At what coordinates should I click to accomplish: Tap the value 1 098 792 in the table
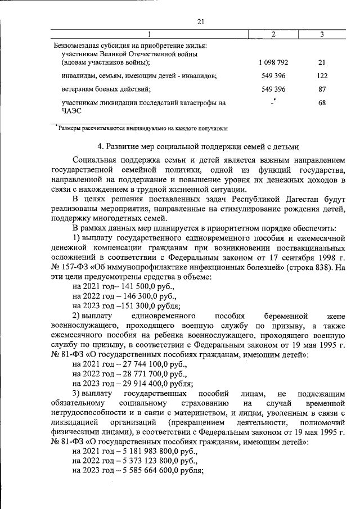[273, 61]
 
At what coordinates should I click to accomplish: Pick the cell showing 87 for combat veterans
[322, 89]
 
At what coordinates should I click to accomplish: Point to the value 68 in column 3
[322, 103]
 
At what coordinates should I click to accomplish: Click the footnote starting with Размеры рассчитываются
[142, 128]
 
